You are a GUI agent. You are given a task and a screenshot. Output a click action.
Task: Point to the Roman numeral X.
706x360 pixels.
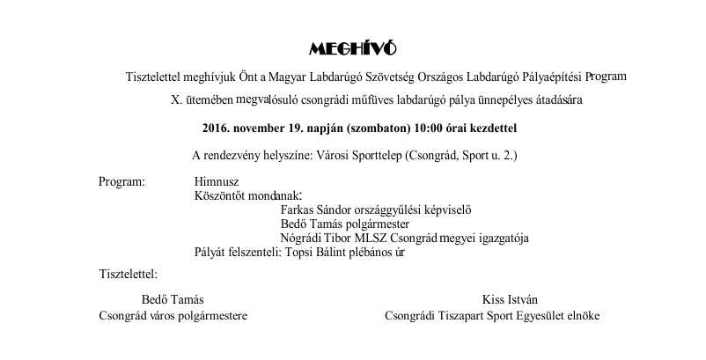tap(176, 100)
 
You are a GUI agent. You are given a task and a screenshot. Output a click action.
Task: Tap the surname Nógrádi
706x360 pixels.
tap(302, 239)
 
